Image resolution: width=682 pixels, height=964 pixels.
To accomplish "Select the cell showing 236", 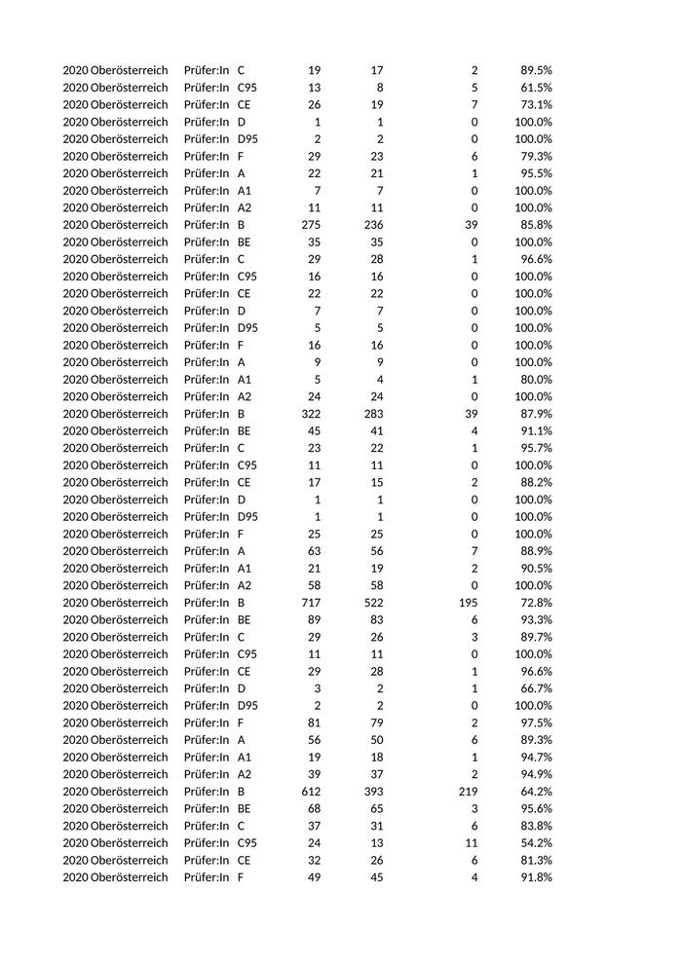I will (x=371, y=225).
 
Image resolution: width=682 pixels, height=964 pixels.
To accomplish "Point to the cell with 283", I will (x=371, y=414).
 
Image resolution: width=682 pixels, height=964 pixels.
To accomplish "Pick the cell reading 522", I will (x=371, y=603).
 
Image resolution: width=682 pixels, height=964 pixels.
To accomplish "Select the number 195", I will (x=468, y=603).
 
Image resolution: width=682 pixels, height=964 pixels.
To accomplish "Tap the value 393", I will (x=371, y=792).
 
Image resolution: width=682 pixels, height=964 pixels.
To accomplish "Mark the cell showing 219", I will (x=468, y=792).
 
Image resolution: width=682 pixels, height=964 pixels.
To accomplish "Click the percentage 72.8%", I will (x=534, y=603).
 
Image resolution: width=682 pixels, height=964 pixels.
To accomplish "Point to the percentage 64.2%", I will (x=534, y=792).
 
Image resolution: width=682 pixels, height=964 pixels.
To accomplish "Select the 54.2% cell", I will (x=534, y=843).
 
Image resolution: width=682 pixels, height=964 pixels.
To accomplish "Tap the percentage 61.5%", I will (x=534, y=88).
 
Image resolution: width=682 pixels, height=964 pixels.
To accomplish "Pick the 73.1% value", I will (x=534, y=105).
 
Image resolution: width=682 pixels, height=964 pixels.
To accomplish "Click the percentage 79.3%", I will (x=534, y=157).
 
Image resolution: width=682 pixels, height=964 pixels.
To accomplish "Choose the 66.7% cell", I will (x=534, y=688).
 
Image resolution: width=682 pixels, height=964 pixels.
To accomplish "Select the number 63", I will (x=315, y=551).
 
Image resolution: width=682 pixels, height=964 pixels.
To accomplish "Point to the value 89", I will (x=315, y=620).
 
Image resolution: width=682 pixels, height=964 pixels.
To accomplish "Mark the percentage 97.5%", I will (x=534, y=723).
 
